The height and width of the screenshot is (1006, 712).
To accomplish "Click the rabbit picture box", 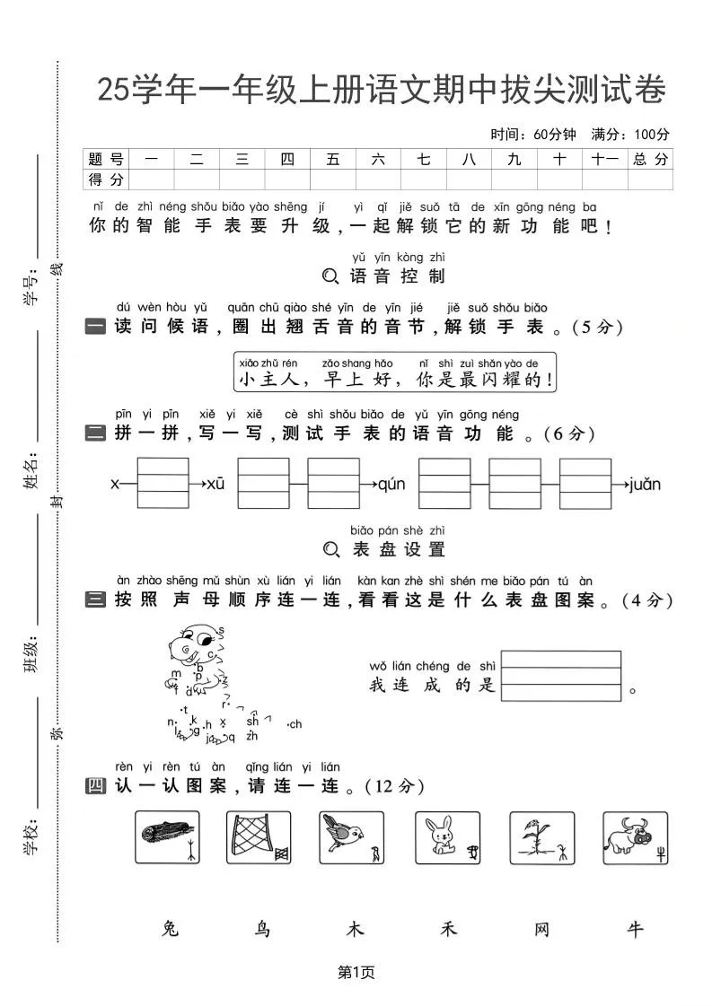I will (447, 837).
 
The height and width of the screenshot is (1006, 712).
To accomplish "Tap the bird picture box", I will (352, 837).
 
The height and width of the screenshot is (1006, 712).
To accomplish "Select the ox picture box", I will (636, 837).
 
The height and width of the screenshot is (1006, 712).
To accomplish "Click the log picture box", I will (167, 837).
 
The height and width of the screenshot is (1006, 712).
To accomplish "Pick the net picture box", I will (259, 837).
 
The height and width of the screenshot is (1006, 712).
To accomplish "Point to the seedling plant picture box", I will (541, 837).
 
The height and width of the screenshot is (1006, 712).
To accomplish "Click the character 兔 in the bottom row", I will (171, 929).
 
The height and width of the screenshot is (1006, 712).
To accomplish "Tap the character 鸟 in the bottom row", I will (262, 929).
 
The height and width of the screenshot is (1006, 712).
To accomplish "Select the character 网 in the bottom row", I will (541, 929).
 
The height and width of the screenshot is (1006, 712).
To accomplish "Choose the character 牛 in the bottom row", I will (636, 929).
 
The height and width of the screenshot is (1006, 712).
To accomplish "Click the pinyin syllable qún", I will (391, 485).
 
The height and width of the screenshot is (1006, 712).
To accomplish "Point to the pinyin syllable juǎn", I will (645, 485).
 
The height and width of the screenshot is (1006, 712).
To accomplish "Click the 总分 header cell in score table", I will (651, 159).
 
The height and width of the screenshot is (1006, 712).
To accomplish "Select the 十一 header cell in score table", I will (605, 159).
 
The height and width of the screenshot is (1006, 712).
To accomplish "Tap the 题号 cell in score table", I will (106, 159).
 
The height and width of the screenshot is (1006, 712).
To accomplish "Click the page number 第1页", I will (356, 972).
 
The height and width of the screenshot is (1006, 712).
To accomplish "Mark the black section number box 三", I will (96, 599).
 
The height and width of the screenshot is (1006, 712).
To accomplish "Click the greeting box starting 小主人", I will (394, 372).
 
